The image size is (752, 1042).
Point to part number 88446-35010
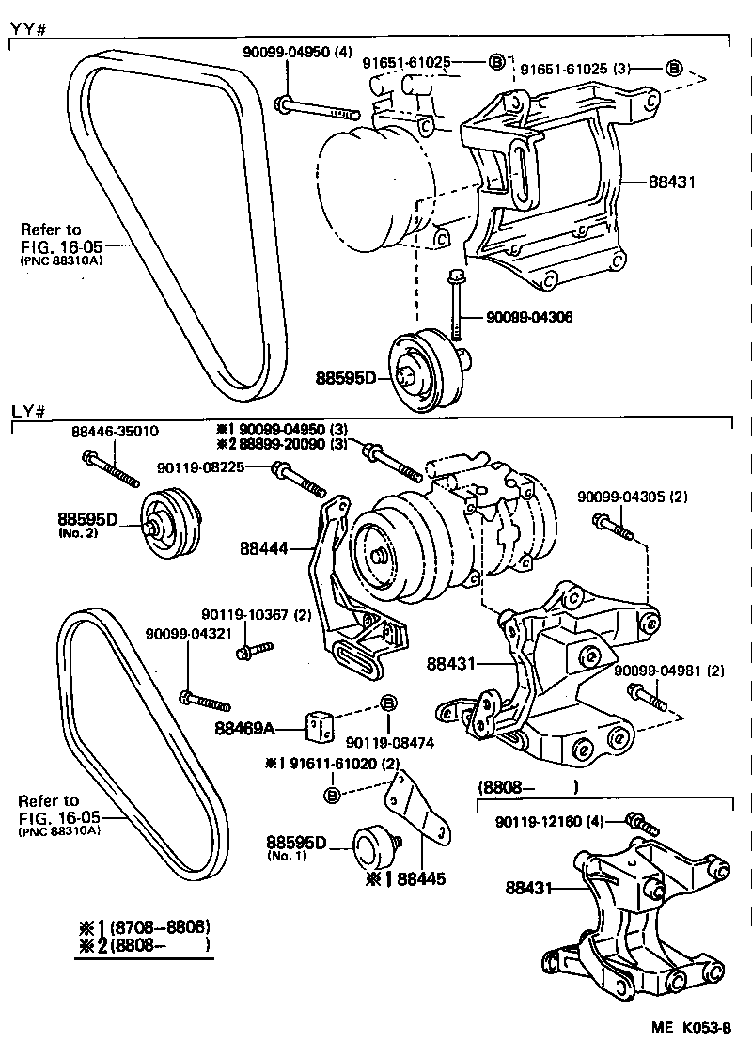(x=115, y=432)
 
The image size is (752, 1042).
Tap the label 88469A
(x=245, y=726)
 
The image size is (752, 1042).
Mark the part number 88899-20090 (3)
(x=294, y=444)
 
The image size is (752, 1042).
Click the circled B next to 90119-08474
(x=387, y=703)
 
